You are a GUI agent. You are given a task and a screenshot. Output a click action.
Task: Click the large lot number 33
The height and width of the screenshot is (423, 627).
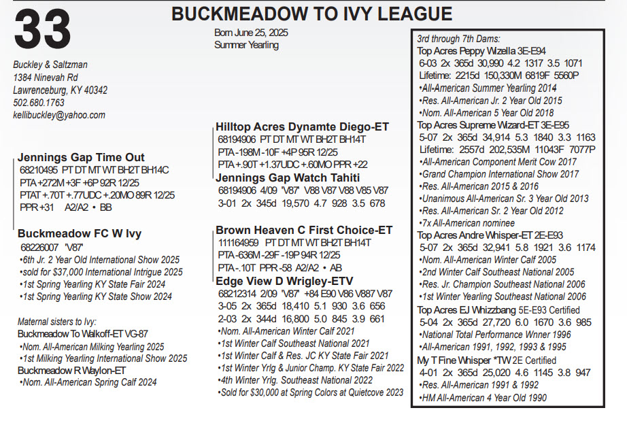42,31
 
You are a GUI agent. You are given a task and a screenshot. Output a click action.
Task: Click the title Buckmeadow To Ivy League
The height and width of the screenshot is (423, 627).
311,14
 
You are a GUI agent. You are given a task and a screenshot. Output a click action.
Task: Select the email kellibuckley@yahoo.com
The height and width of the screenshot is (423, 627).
59,115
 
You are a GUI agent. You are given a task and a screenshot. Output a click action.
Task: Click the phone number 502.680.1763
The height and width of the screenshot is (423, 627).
39,103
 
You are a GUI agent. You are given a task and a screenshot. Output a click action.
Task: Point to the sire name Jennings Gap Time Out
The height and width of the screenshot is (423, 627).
81,156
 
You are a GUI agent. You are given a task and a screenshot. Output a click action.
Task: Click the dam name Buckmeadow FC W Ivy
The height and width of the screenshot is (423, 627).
79,233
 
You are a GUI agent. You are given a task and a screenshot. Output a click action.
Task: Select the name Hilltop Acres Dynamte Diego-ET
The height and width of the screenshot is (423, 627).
302,127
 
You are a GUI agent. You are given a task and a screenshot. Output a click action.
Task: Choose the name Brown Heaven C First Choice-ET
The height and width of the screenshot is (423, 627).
304,231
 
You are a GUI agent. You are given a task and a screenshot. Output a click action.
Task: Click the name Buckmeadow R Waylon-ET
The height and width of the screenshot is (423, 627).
71,371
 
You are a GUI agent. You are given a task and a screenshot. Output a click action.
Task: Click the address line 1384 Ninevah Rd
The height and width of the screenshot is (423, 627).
46,78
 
